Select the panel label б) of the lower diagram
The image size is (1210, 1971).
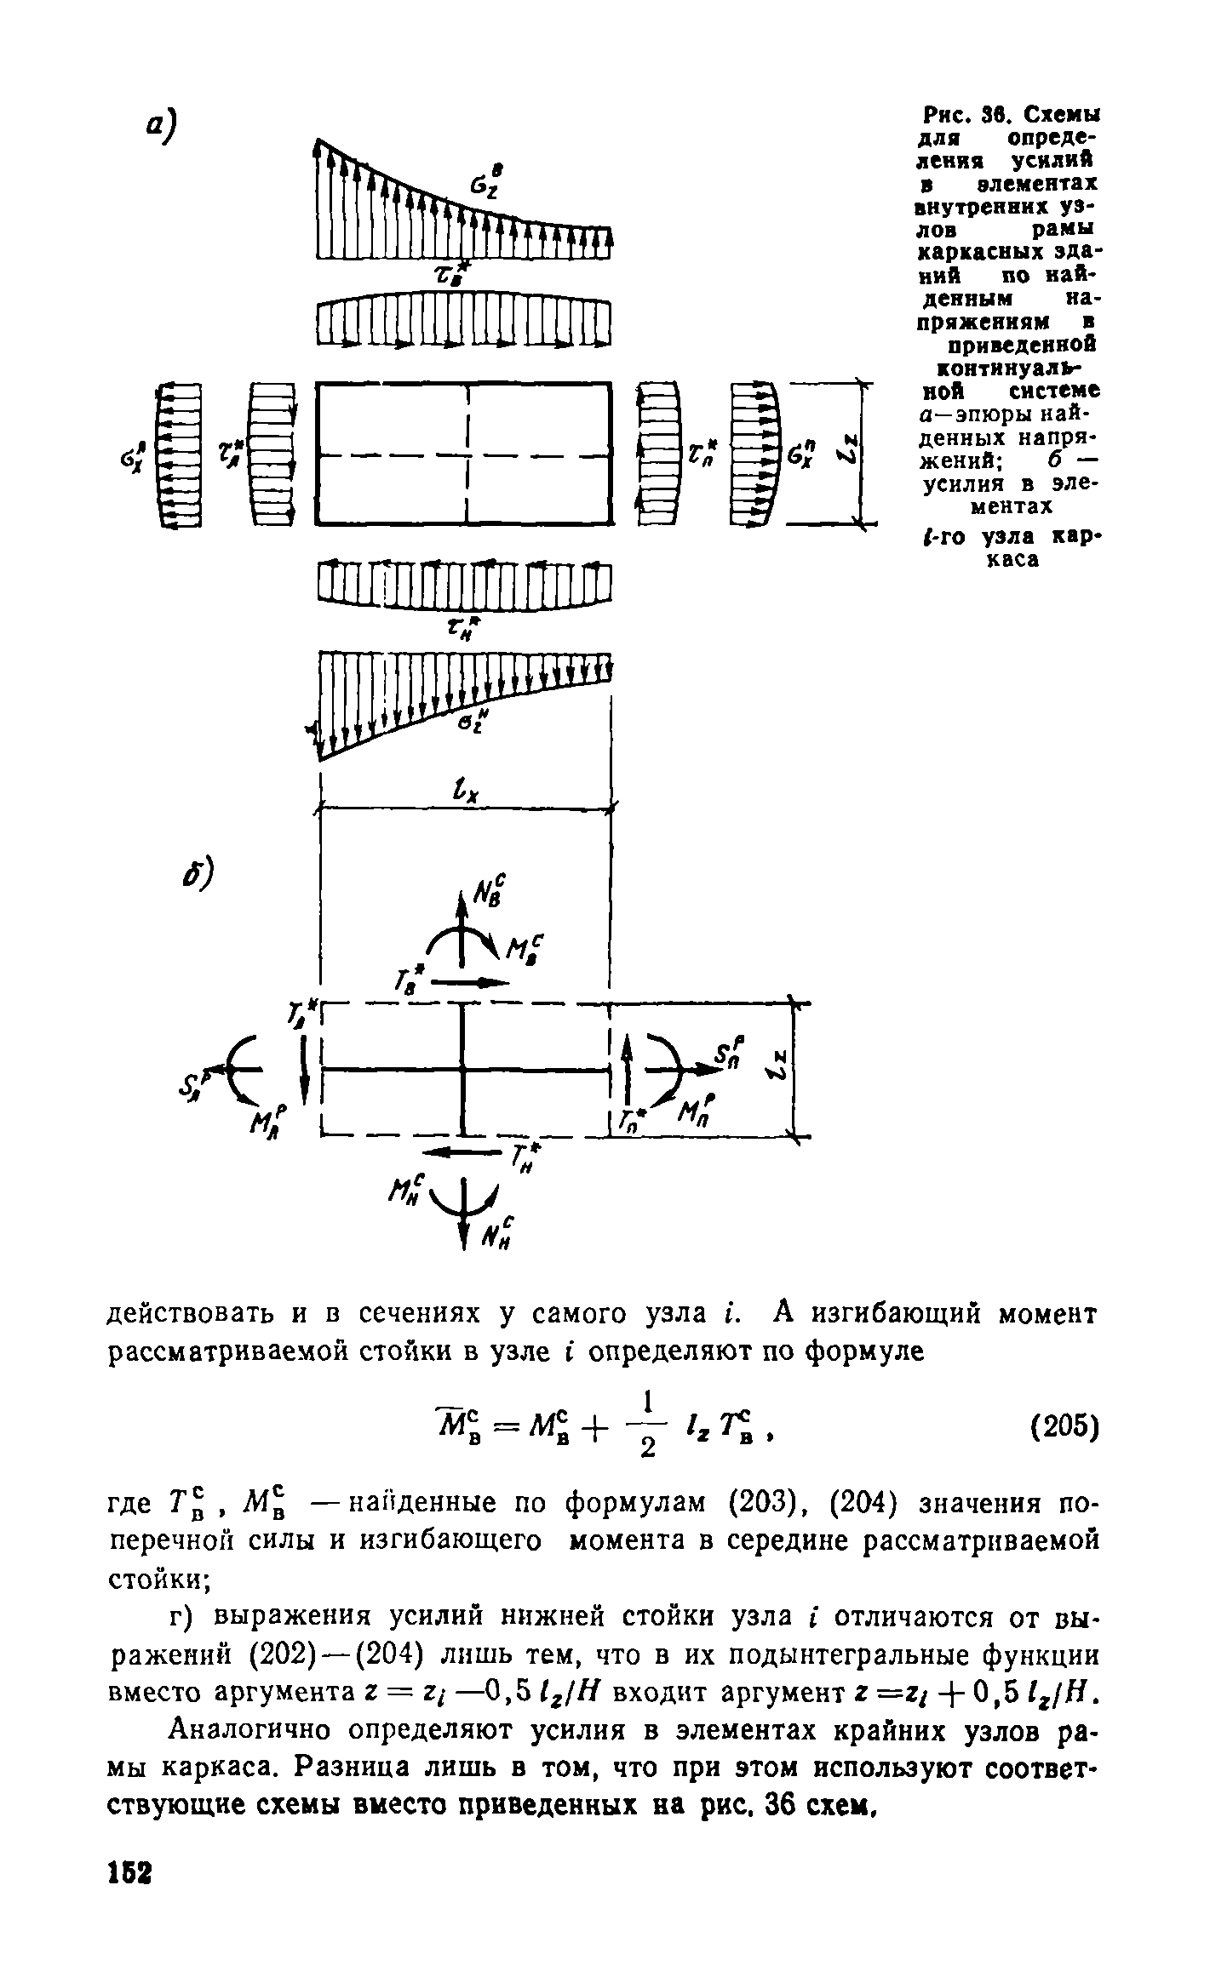click(198, 874)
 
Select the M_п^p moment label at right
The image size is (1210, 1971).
click(697, 1110)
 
